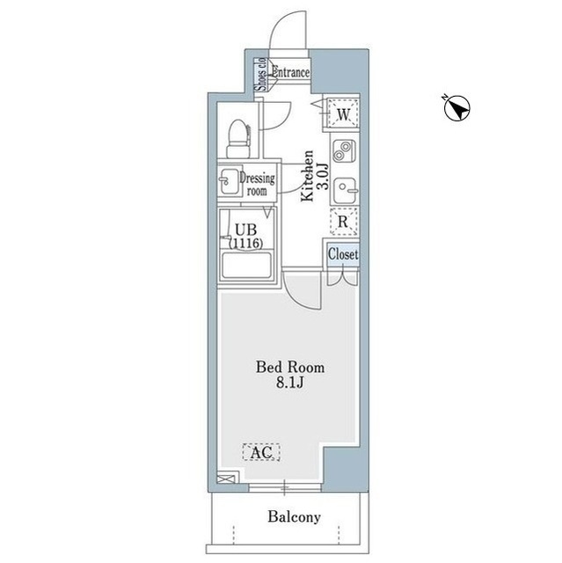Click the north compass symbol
point(456,108)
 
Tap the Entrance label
point(290,72)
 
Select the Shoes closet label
point(260,74)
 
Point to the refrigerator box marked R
point(343,222)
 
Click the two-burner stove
point(344,150)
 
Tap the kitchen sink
point(345,190)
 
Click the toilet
point(238,139)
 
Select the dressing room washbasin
point(229,180)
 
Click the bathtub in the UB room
point(246,266)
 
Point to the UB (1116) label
point(246,237)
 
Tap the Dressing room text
point(258,184)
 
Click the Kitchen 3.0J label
point(314,176)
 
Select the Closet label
point(343,254)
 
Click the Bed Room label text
point(290,367)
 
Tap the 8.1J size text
point(290,383)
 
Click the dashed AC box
point(261,452)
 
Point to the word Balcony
point(294,516)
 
